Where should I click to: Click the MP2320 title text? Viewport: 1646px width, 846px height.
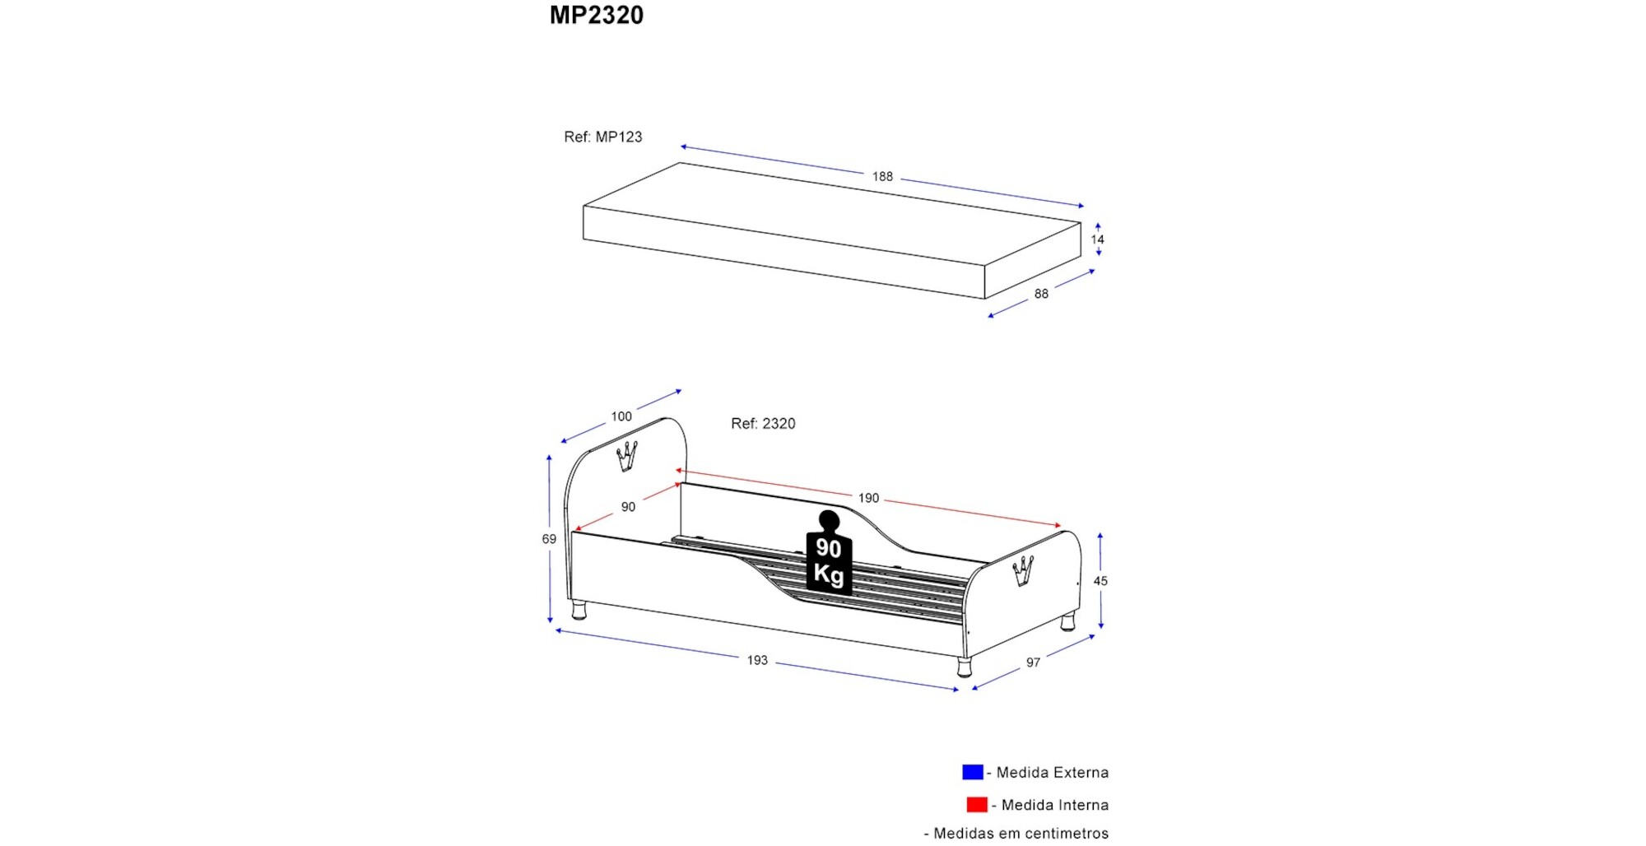[x=597, y=15]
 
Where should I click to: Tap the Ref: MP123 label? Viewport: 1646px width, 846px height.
[x=603, y=137]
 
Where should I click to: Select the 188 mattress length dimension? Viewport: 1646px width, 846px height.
[x=882, y=176]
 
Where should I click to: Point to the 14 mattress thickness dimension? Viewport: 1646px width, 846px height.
[x=1098, y=239]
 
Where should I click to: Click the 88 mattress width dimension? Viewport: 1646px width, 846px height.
[x=1041, y=294]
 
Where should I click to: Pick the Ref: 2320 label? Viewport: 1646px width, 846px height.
[x=763, y=424]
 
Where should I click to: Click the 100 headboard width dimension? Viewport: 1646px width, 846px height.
[x=621, y=416]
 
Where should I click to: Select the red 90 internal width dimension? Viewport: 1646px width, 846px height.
[x=628, y=507]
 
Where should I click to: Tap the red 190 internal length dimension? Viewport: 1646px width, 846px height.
[x=868, y=498]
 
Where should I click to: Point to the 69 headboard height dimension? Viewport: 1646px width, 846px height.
[x=549, y=539]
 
